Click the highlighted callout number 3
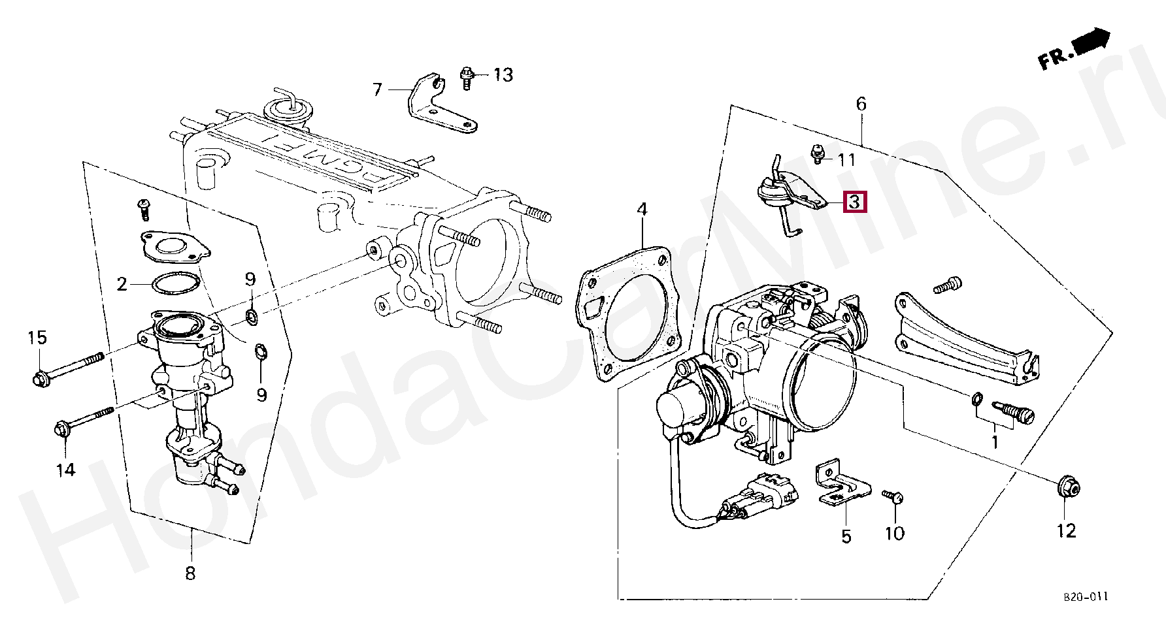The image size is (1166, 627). [x=854, y=202]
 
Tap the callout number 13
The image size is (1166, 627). [x=503, y=75]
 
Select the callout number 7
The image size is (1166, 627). [x=377, y=89]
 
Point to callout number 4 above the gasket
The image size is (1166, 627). [x=642, y=210]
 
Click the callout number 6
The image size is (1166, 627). [x=861, y=104]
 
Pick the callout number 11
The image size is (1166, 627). [x=846, y=160]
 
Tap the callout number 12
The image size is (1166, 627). [x=1066, y=531]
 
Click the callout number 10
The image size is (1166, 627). [x=894, y=534]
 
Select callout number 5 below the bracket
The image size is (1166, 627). [x=846, y=537]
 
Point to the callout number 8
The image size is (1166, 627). [x=190, y=573]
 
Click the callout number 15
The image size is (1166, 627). [x=37, y=338]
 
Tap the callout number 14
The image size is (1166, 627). [x=65, y=470]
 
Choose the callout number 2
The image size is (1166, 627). [x=122, y=284]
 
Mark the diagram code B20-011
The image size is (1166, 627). [x=1085, y=597]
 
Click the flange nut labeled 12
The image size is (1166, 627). [x=1067, y=489]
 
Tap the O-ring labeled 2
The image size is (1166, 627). [x=175, y=283]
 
